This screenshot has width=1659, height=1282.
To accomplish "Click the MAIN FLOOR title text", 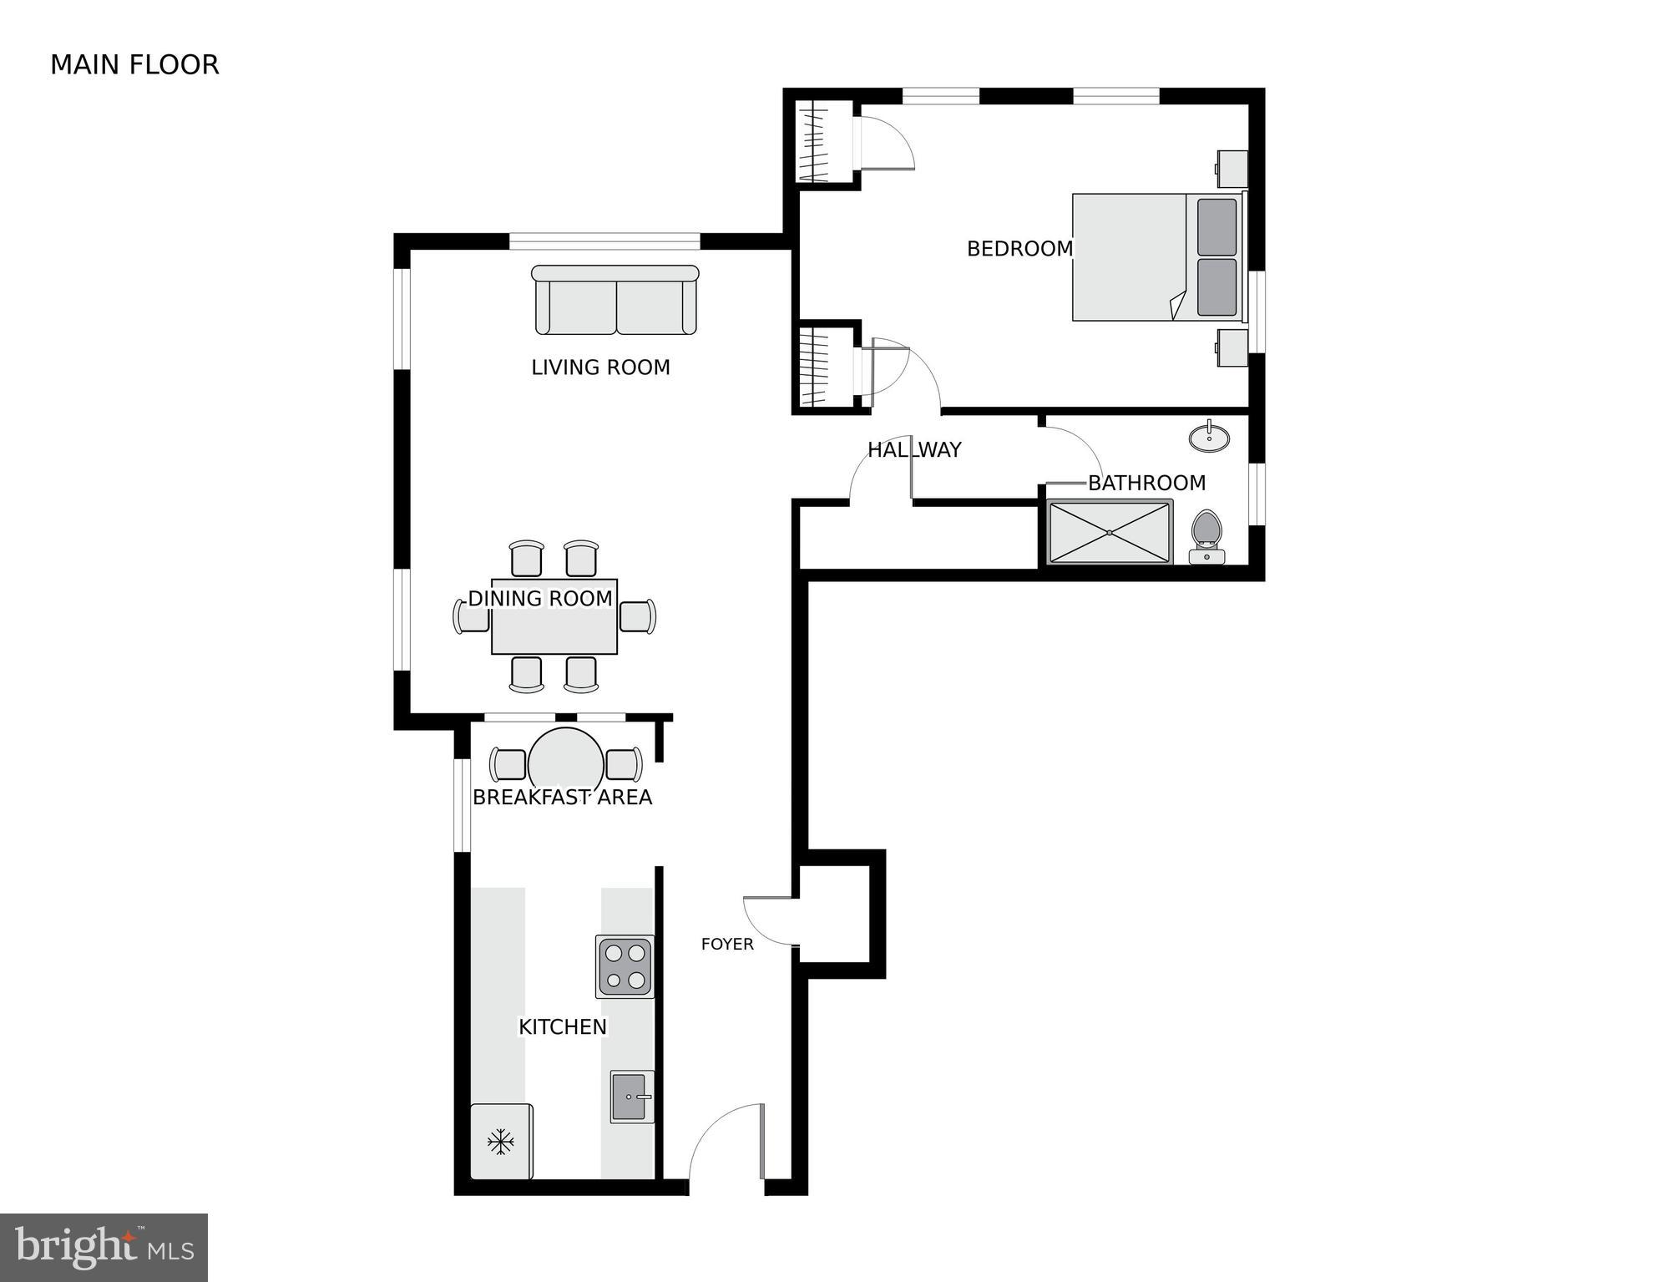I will tap(134, 65).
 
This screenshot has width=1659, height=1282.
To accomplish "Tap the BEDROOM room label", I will tap(1019, 249).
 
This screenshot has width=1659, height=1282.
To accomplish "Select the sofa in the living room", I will tap(615, 301).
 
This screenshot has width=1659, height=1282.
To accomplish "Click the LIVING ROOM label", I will tap(600, 367).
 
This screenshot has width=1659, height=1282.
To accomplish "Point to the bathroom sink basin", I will tap(1209, 438).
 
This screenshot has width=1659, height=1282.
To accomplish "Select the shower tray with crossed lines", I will tap(1110, 532).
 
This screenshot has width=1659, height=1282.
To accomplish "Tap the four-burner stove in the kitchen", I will tap(625, 966).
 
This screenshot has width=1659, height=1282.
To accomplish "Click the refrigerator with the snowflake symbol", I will tap(501, 1141).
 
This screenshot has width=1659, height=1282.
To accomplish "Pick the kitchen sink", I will tap(631, 1097).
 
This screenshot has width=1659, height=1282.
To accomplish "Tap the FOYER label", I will tap(727, 945).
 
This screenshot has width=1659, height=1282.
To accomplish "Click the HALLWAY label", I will tap(914, 450).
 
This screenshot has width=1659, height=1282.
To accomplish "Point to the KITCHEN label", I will tap(563, 1027).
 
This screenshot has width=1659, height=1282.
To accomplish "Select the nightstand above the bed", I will tap(1232, 169).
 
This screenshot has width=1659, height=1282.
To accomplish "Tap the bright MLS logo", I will tap(104, 1248).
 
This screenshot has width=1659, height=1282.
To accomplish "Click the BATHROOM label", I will tap(1146, 483).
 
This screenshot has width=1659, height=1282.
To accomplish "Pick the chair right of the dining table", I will tap(638, 616).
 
